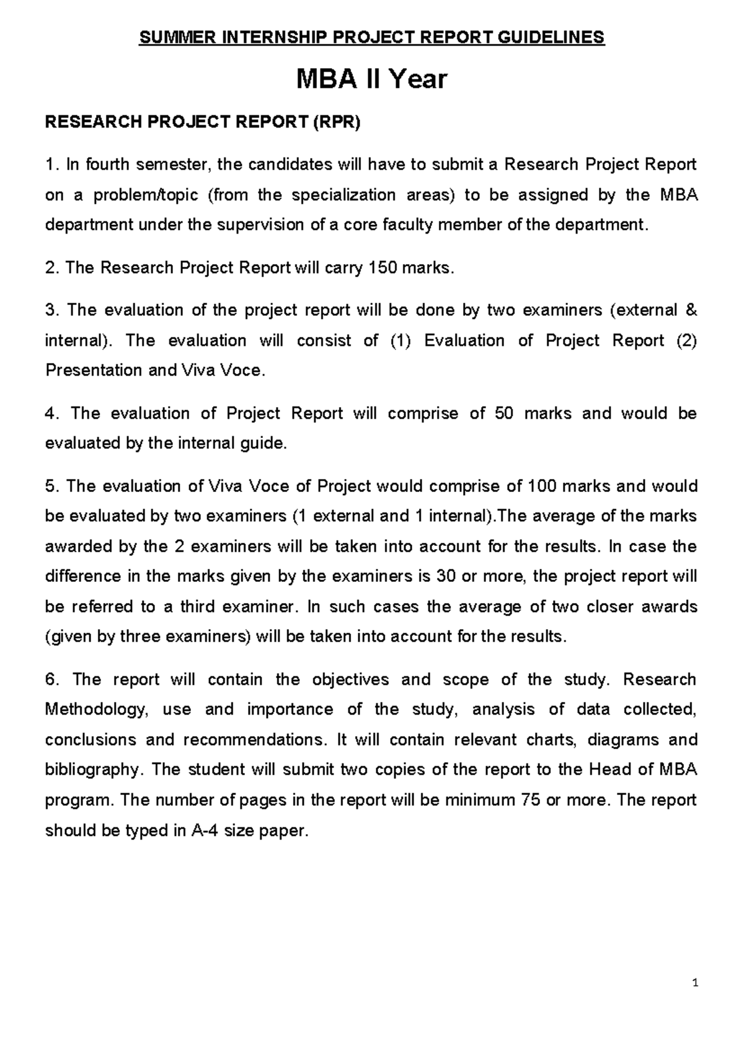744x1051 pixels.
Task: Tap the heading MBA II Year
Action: (x=371, y=79)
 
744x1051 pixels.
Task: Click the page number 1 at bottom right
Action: (x=696, y=982)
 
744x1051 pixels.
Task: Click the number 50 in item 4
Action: (x=503, y=413)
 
